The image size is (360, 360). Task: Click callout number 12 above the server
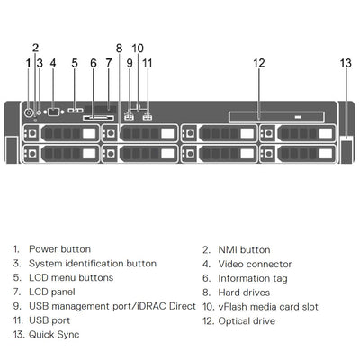(258, 62)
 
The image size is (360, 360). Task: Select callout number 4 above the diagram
(52, 62)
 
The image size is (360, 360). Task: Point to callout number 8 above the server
(119, 47)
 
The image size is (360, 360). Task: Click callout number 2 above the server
(35, 47)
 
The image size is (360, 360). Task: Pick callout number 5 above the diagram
(75, 62)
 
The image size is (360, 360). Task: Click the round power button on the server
(29, 112)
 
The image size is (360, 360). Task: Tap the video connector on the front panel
(53, 112)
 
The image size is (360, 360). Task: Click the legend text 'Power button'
(54, 249)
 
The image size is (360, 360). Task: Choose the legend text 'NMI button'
(242, 249)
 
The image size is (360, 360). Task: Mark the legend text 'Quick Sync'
(54, 335)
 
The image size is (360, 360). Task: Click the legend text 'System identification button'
(93, 264)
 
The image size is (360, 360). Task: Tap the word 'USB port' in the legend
(50, 321)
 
